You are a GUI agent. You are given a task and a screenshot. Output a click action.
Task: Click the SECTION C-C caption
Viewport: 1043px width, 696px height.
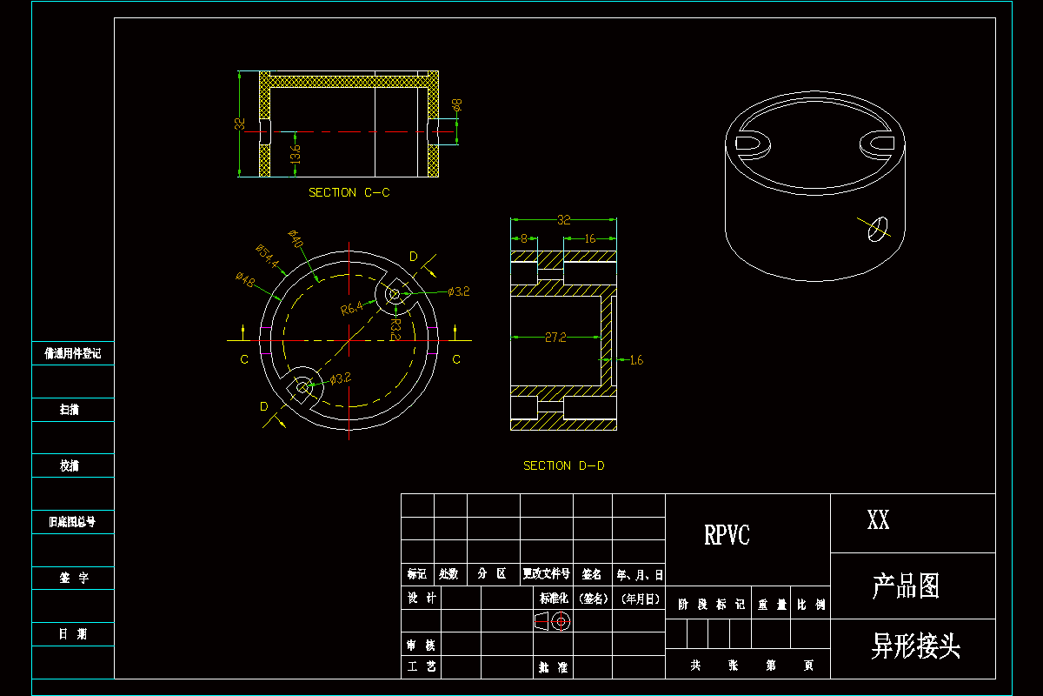349,192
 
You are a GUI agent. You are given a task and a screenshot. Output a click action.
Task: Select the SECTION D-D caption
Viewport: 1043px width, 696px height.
563,465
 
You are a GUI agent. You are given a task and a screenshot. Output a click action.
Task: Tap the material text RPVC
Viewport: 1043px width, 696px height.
727,535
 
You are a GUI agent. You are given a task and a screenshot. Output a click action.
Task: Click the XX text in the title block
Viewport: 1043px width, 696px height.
878,521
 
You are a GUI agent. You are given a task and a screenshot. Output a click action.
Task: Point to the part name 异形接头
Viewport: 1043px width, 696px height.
915,646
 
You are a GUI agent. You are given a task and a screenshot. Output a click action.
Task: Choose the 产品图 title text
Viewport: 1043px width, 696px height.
906,586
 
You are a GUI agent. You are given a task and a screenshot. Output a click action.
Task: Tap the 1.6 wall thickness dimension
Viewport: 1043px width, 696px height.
635,359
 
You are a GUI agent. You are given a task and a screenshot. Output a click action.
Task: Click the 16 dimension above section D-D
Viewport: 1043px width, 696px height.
589,238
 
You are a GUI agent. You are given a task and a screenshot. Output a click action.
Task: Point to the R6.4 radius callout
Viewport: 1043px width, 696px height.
351,308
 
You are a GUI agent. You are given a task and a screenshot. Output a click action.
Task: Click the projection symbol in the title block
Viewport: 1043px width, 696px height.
551,621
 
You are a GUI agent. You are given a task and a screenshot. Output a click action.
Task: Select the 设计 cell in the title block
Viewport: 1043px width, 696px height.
421,598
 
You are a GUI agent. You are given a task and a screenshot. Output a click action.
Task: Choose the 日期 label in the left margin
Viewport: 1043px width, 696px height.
73,634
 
